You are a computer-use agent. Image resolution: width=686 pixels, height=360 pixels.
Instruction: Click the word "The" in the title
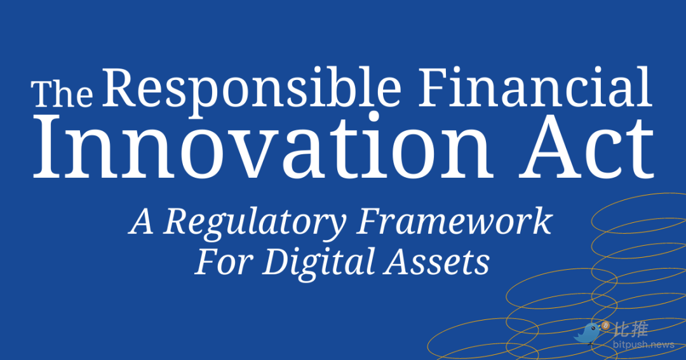[62, 93]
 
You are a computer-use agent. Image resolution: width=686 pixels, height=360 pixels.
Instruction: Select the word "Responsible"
[252, 90]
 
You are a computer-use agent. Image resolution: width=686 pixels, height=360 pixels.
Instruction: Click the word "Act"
[586, 149]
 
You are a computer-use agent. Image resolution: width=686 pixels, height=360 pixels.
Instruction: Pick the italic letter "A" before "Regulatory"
[141, 222]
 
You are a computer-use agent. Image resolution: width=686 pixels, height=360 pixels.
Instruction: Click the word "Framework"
[454, 221]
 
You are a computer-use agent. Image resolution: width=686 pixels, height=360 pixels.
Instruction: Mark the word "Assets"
[436, 262]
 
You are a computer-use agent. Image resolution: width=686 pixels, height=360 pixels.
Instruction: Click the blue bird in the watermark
[588, 333]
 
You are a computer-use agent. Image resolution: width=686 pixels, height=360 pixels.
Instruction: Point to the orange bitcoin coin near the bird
[606, 326]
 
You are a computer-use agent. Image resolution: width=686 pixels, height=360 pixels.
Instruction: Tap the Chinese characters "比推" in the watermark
[631, 329]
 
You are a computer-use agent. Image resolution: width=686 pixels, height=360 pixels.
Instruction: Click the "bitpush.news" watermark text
[643, 345]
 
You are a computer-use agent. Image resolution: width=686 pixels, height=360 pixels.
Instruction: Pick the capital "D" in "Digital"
[279, 261]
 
